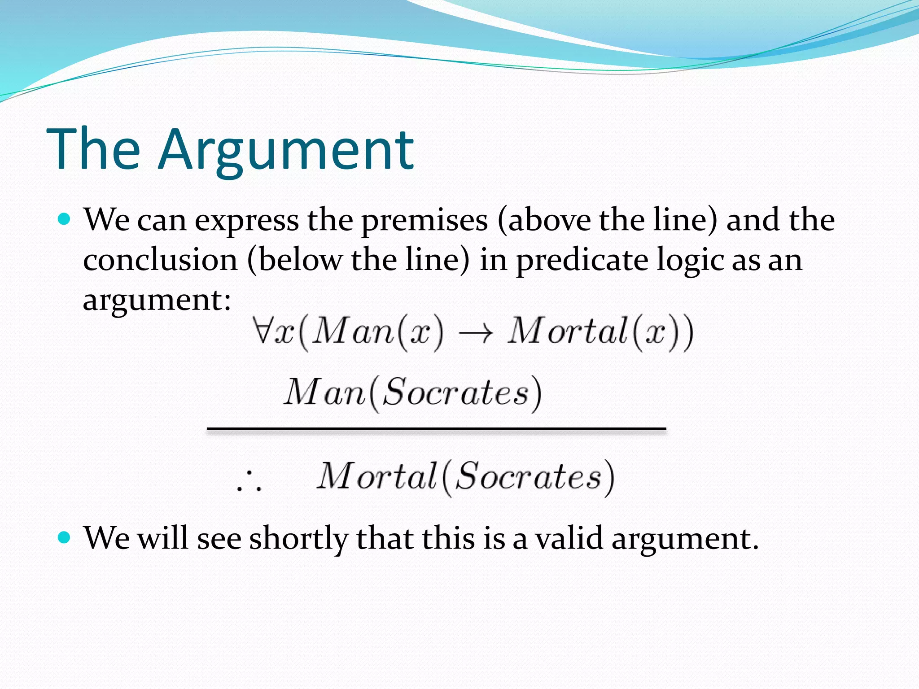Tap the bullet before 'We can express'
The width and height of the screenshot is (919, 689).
[65, 219]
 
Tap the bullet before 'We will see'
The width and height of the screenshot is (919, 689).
[65, 537]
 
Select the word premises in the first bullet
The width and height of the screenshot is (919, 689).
[424, 221]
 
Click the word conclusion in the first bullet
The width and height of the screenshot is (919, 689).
[160, 260]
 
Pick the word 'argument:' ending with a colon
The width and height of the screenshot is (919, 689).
[157, 300]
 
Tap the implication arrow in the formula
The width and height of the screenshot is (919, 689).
[475, 333]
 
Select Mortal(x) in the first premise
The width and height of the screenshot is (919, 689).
[599, 332]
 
